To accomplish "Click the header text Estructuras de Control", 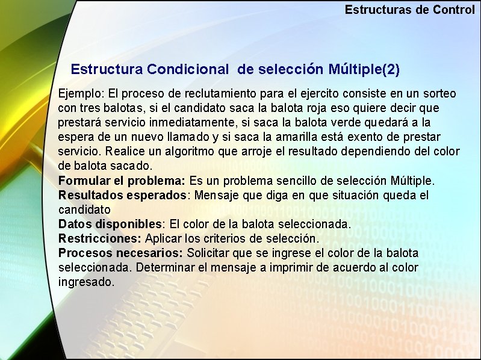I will [x=409, y=10].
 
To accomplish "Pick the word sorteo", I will [x=438, y=94].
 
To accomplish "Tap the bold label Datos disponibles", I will [x=111, y=225].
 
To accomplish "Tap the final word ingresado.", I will [x=85, y=282].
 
